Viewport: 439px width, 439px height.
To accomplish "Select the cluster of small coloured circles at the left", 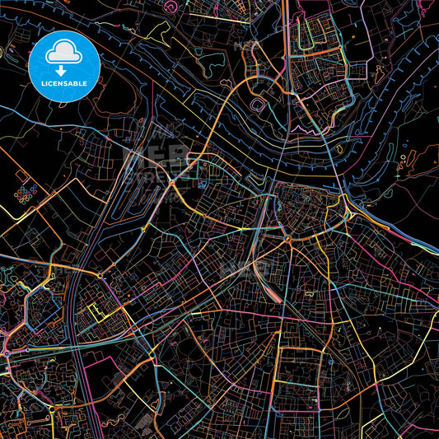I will [x=26, y=195].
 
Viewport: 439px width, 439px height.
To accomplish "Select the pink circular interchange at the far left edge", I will [x=6, y=353].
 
